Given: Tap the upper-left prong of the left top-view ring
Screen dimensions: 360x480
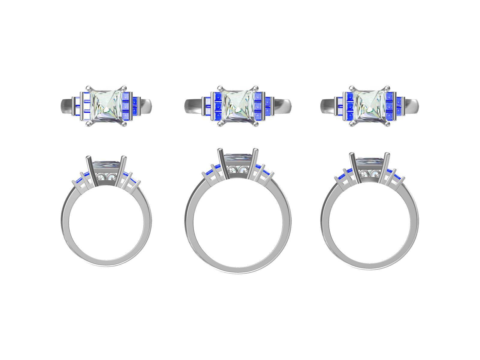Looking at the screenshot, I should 88,88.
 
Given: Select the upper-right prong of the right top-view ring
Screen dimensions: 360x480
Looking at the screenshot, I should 389,88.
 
